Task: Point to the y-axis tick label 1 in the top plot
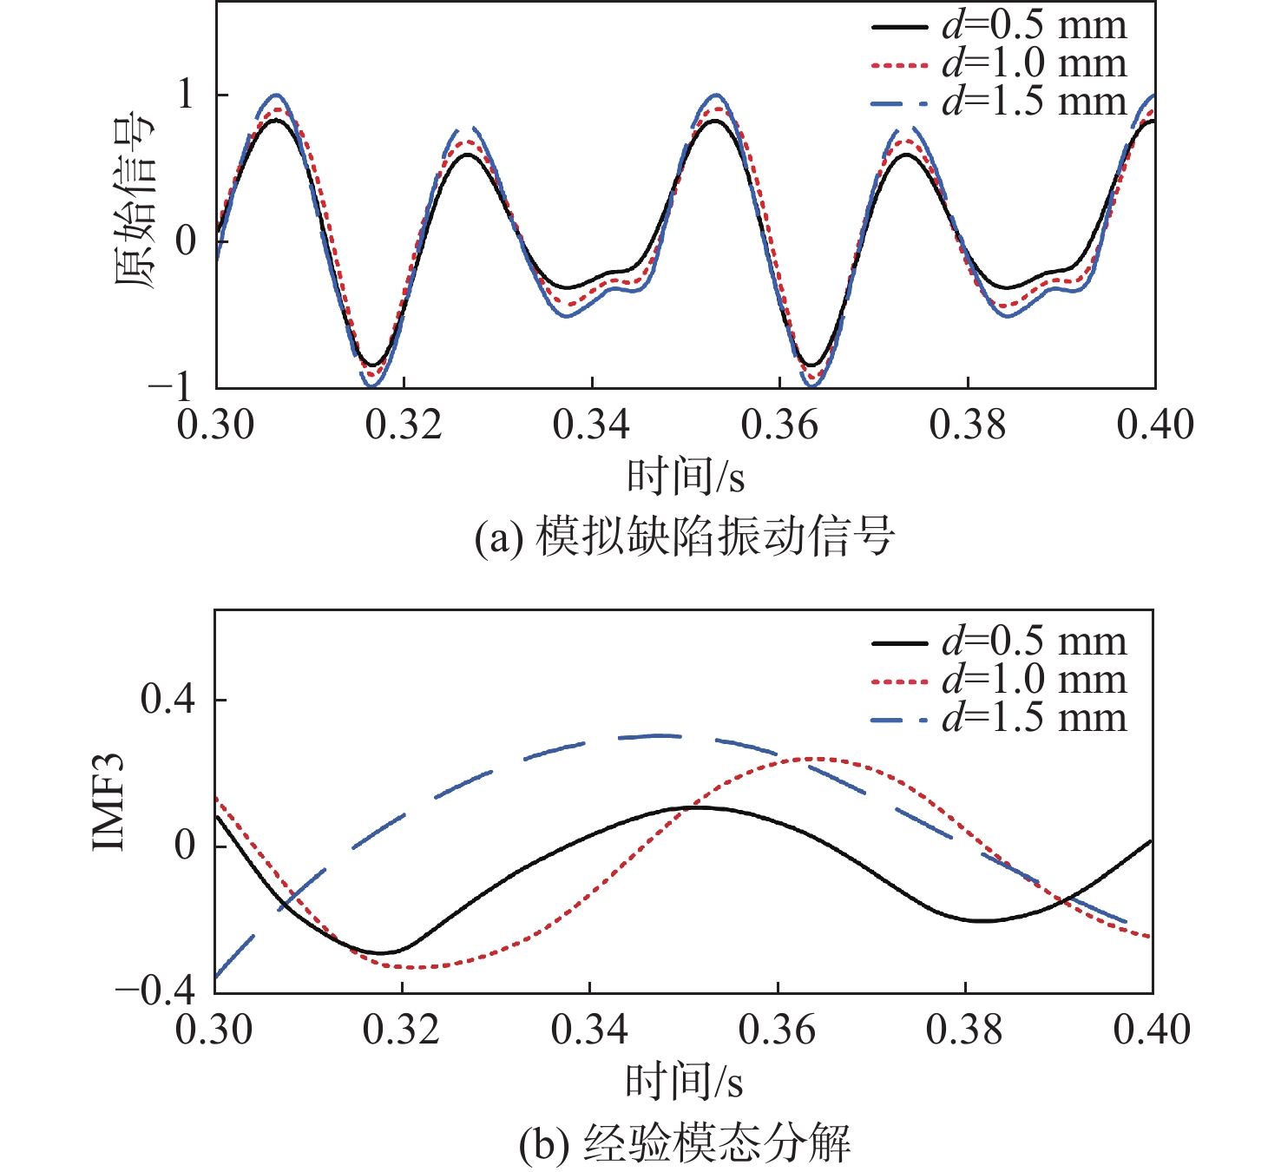(x=187, y=94)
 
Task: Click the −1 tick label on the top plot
(x=173, y=386)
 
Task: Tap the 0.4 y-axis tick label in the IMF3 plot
(x=168, y=699)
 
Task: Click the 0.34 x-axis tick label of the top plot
(x=592, y=425)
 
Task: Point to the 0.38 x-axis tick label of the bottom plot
(x=964, y=1030)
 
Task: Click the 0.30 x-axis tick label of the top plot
(x=216, y=425)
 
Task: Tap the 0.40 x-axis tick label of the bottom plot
(x=1152, y=1030)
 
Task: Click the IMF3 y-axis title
(x=109, y=803)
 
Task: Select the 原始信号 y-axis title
(x=134, y=200)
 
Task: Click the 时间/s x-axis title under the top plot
(x=686, y=477)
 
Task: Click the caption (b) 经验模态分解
(x=685, y=1142)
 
